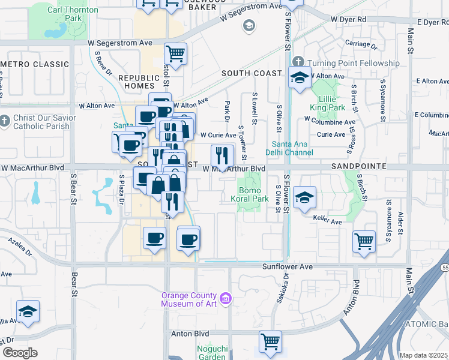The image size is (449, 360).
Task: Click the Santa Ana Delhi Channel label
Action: pos(292,148)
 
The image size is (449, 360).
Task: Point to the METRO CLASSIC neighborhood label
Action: pos(35,64)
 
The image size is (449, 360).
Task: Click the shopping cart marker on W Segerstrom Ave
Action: pos(175,54)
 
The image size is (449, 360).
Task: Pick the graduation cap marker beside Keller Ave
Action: pos(304,199)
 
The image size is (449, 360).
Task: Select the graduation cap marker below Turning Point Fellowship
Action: pos(299,78)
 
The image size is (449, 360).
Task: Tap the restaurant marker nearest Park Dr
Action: pos(222,157)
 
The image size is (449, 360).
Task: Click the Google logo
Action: pos(20,353)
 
